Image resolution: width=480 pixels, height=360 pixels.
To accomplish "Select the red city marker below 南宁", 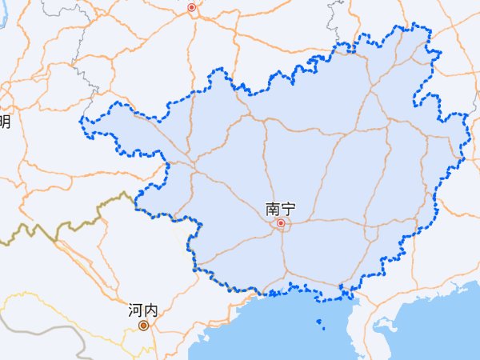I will pos(281,224).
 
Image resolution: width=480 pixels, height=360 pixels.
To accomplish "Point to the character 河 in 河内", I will pos(135,310).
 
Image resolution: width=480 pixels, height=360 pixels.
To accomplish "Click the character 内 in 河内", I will pos(150,310).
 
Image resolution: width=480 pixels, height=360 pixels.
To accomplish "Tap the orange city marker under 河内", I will pos(143,326).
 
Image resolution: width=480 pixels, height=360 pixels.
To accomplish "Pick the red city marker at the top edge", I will pos(191,8).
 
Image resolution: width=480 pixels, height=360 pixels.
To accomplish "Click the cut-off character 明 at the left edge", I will pos(4,122).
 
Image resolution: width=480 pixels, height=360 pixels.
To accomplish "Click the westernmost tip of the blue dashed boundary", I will pos(81,121).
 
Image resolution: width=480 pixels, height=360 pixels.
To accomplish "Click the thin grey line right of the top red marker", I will pos(332,16).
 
